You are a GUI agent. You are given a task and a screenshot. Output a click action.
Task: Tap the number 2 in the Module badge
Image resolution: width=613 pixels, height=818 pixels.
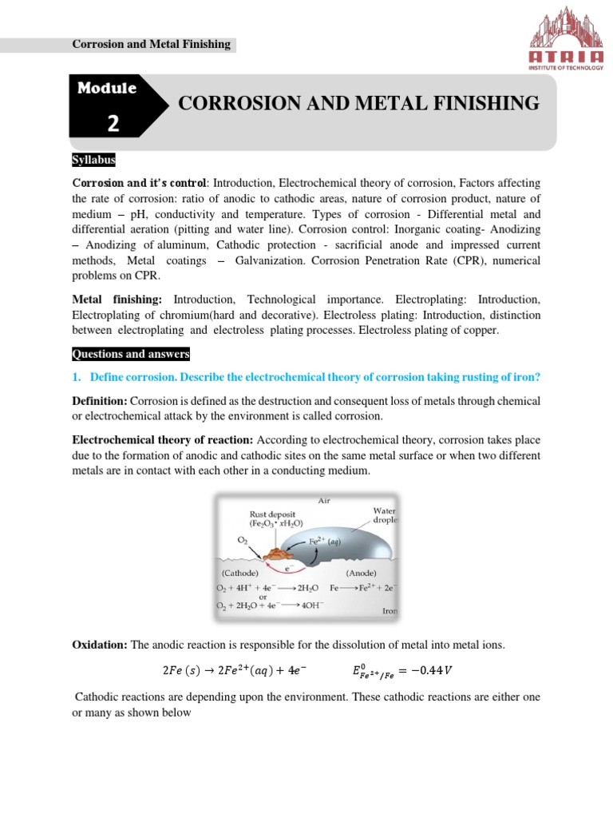click(x=113, y=123)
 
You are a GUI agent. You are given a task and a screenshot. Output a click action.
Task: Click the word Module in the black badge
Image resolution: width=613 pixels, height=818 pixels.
click(x=108, y=88)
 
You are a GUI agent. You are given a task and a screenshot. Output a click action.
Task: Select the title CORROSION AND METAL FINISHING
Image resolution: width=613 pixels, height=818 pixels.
click(x=358, y=103)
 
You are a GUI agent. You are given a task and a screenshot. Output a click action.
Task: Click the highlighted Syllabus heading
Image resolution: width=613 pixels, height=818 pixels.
click(x=94, y=161)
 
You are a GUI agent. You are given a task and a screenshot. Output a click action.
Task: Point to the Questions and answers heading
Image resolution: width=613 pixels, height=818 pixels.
click(x=131, y=354)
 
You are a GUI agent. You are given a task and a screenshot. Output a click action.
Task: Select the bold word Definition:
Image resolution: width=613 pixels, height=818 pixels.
click(x=100, y=400)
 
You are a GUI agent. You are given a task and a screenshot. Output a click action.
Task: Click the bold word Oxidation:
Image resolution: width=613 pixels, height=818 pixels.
click(x=100, y=645)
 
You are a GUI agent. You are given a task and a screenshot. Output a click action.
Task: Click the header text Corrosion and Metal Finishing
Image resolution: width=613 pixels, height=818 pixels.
click(x=152, y=45)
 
